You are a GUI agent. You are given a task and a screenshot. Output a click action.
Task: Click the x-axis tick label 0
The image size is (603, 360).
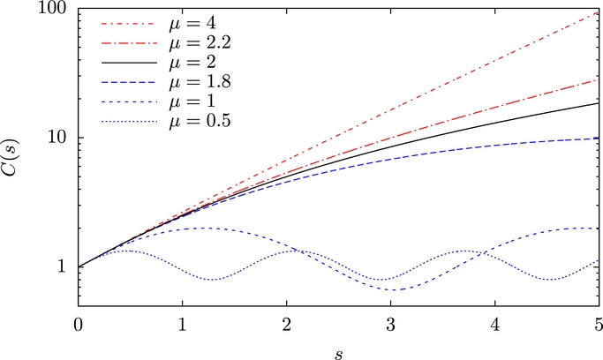(x=79, y=321)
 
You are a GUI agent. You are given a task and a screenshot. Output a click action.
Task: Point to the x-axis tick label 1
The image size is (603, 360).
(x=183, y=321)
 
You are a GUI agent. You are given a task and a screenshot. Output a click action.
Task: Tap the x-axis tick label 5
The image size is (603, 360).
(x=598, y=321)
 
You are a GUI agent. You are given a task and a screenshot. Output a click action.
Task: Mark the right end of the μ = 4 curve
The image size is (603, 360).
(x=598, y=14)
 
